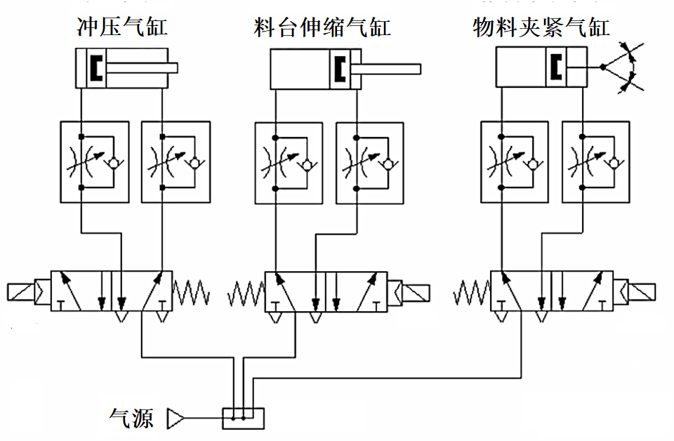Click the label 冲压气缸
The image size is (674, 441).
pyautogui.click(x=122, y=28)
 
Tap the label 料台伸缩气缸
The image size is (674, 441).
pyautogui.click(x=322, y=28)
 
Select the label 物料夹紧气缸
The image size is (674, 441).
pyautogui.click(x=541, y=28)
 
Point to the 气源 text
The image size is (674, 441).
pyautogui.click(x=131, y=418)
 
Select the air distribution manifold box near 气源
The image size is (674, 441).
pyautogui.click(x=243, y=419)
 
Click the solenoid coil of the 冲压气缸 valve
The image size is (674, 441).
pyautogui.click(x=21, y=291)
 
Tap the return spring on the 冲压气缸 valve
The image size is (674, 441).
pyautogui.click(x=192, y=291)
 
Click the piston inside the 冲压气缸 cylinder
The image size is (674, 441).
pyautogui.click(x=95, y=68)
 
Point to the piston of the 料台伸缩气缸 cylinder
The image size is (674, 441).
pyautogui.click(x=342, y=68)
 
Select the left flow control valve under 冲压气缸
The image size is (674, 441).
pyautogui.click(x=95, y=162)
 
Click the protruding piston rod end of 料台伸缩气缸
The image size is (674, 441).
pyautogui.click(x=414, y=69)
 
